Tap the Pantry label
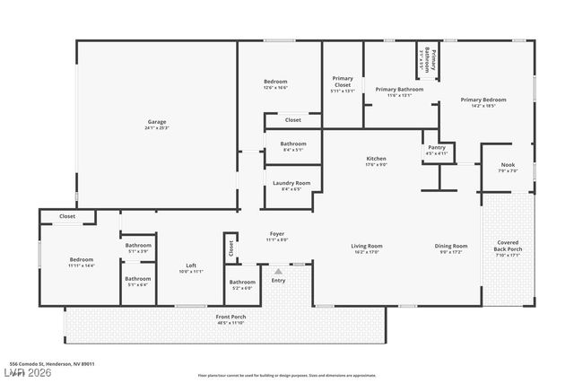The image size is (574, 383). tap(436, 150)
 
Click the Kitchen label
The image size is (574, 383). tap(376, 161)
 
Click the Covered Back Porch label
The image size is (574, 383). tap(507, 246)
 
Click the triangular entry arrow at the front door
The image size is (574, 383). tap(278, 271)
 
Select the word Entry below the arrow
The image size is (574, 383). tap(278, 281)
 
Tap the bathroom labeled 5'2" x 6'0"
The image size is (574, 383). tap(242, 285)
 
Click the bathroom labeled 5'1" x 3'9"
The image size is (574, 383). tap(138, 248)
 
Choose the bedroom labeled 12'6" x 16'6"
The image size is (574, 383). tap(275, 84)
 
